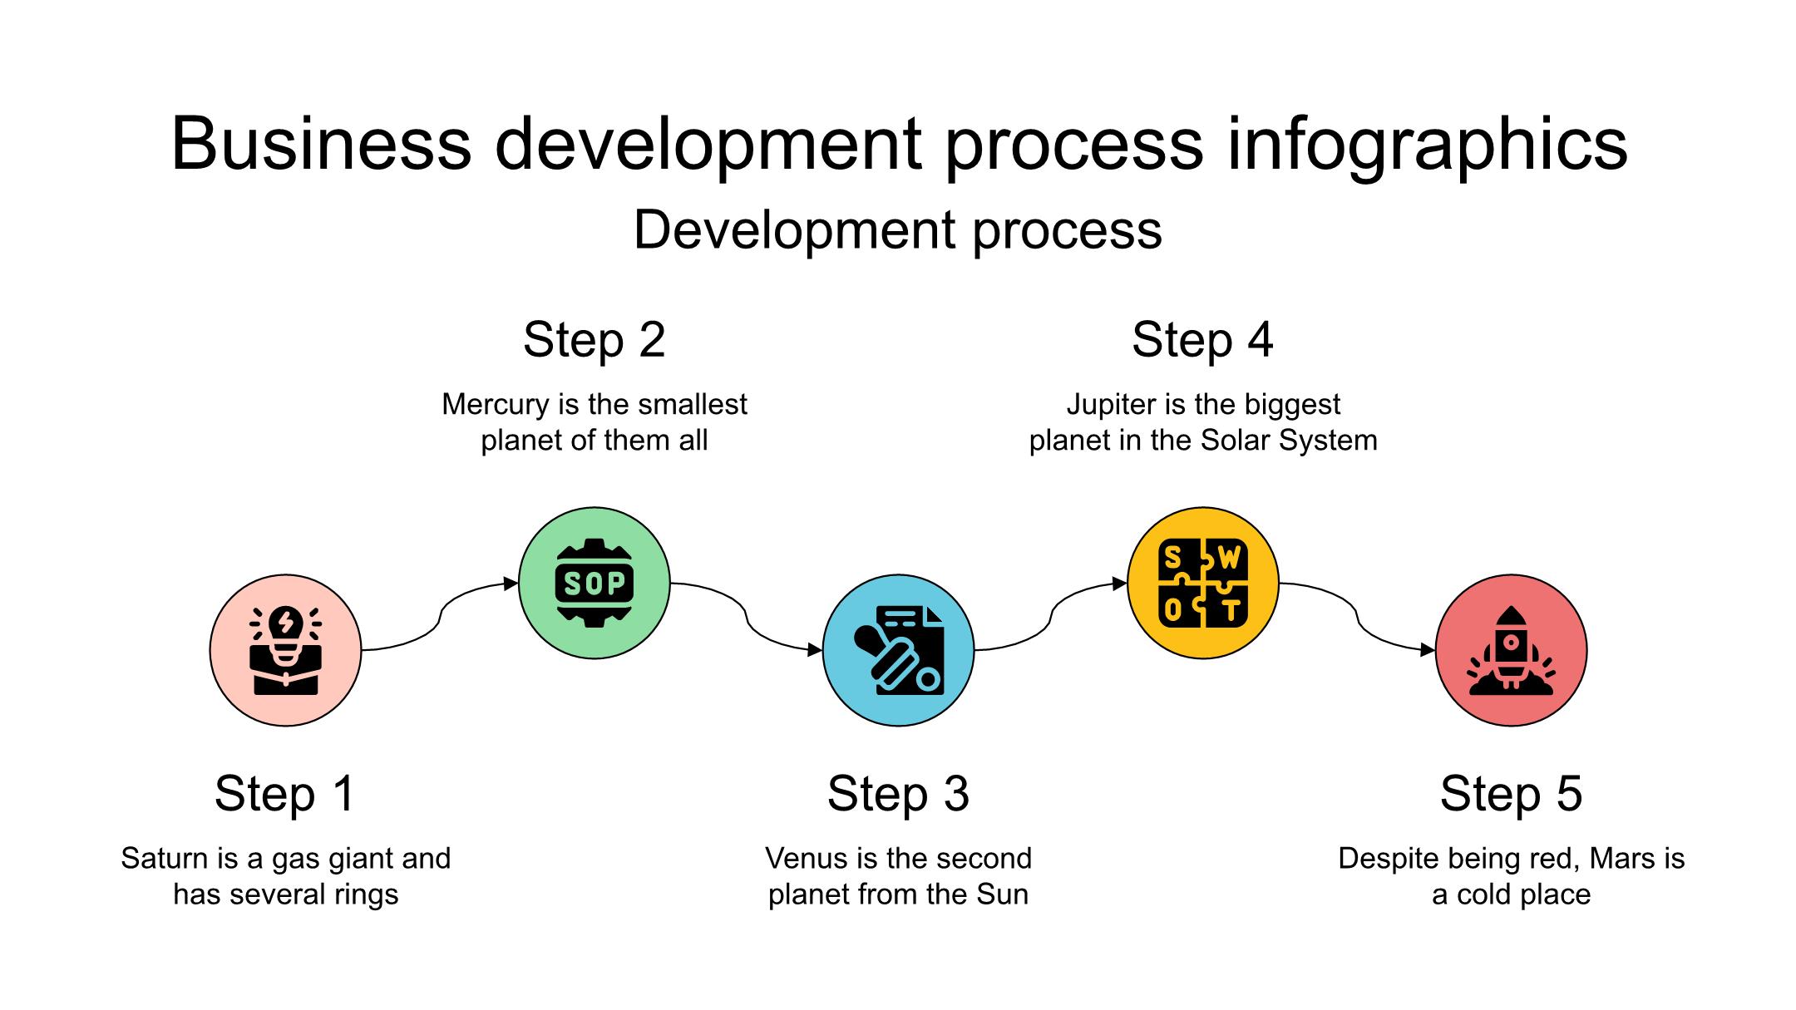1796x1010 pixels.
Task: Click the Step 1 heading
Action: tap(285, 793)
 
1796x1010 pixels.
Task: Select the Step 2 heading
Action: tap(595, 339)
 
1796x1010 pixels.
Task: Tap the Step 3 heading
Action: tap(898, 793)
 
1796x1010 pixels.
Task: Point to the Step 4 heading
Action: tap(1202, 339)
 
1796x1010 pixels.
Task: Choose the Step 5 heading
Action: tap(1511, 793)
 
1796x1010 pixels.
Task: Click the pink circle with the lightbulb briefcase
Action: tap(286, 650)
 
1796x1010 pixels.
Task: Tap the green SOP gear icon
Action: tap(595, 583)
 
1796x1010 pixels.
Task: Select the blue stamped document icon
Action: tap(899, 650)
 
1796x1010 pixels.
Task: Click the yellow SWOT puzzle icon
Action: tap(1203, 583)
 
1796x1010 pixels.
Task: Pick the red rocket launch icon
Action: tap(1512, 650)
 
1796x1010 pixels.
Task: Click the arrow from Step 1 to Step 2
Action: tap(440, 617)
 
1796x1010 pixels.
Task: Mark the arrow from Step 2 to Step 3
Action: tap(746, 617)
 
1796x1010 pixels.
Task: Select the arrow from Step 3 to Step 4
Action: tap(1051, 617)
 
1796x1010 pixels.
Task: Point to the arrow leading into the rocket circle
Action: tap(1357, 617)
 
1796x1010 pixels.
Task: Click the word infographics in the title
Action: tap(1427, 145)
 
